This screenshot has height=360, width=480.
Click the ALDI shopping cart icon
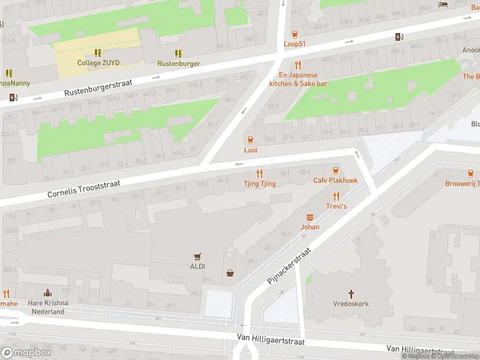pos(197,256)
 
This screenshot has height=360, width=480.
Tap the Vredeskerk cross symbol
pos(351,294)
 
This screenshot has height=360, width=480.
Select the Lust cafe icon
pos(251,140)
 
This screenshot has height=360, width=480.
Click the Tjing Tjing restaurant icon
pos(260,173)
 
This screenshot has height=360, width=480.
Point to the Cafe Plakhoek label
pos(335,181)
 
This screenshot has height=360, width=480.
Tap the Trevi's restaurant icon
pos(336,196)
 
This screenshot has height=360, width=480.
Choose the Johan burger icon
pos(310,217)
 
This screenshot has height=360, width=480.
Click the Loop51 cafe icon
pos(295,34)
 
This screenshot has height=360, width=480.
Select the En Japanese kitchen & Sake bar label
pos(298,79)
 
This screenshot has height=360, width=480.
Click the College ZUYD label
pos(98,63)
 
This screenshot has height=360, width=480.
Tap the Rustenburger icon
pos(178,53)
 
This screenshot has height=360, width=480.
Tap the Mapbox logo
pos(26,353)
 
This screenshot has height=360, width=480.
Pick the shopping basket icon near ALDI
pos(230,274)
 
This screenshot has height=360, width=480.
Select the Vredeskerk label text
pos(351,304)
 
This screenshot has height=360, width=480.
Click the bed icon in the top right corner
pos(443,5)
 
